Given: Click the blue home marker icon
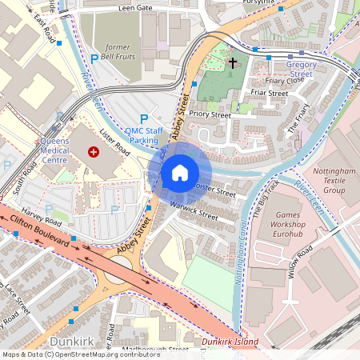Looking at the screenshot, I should [180, 172].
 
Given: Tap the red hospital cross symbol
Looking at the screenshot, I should [94, 151].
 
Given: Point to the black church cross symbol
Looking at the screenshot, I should [233, 62].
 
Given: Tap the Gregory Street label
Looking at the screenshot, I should [301, 70].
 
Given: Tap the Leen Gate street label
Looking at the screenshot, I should [135, 7].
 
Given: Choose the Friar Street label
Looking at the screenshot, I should [269, 94].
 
